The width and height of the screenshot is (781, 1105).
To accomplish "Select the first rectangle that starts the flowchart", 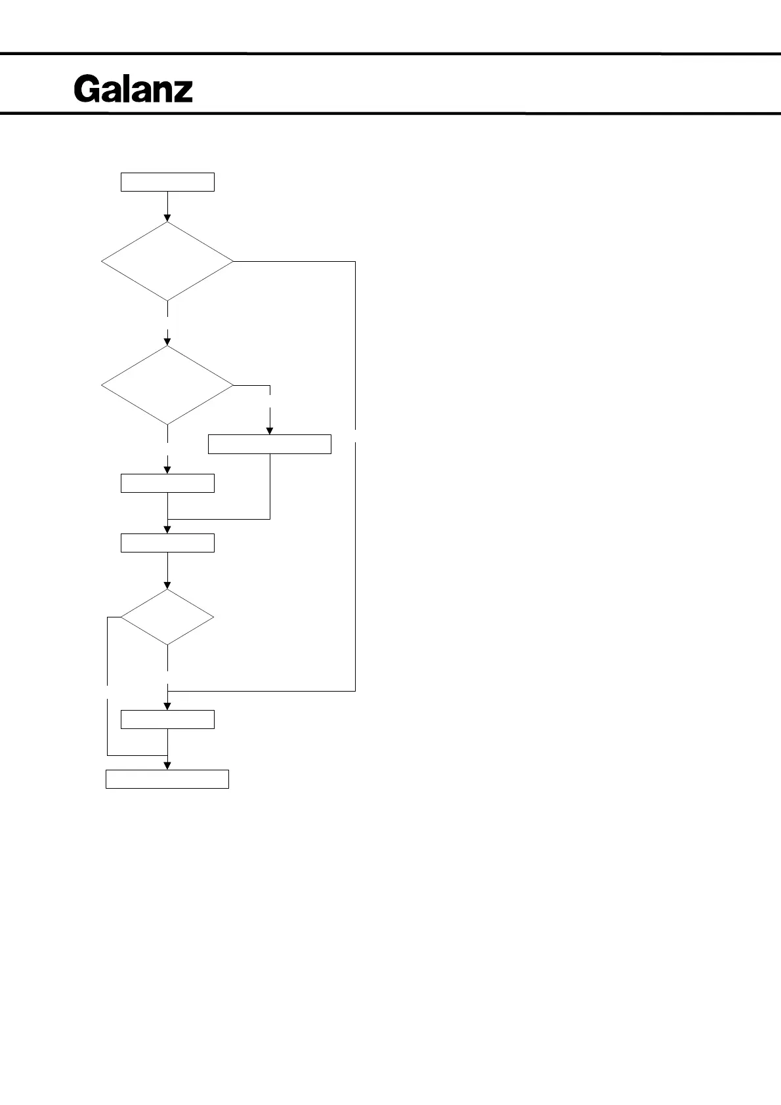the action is tap(167, 182).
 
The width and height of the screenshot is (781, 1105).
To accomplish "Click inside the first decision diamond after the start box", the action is tap(167, 261).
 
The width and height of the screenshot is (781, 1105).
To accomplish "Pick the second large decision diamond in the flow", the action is tap(167, 385).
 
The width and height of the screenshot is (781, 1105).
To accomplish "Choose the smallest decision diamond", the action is tap(167, 617).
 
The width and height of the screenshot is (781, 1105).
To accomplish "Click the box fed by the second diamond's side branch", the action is tap(269, 444).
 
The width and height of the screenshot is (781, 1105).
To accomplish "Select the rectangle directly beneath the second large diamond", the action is tap(167, 483).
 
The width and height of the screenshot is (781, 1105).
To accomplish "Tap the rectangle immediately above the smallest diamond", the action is tap(167, 543).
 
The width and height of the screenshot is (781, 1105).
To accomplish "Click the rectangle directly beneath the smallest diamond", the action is tap(167, 719).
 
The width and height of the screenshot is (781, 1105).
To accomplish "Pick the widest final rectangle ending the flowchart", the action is tap(167, 779).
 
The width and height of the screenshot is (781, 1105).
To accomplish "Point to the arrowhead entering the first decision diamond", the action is tap(167, 217).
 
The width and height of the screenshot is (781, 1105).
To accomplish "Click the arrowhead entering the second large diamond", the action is tap(167, 341).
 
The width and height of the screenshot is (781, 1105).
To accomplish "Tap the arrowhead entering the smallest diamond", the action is tap(167, 585).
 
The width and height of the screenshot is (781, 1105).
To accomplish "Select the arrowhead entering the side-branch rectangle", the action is tap(269, 430).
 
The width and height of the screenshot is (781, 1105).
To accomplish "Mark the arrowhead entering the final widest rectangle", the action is tap(167, 766).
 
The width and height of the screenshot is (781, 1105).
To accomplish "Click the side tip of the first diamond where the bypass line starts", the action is tap(233, 261).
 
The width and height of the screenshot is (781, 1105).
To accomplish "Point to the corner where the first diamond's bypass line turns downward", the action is tap(355, 261).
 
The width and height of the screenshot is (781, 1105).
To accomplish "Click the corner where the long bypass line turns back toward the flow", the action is tap(355, 691).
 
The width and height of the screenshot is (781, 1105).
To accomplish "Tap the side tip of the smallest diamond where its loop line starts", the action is tap(121, 617).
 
